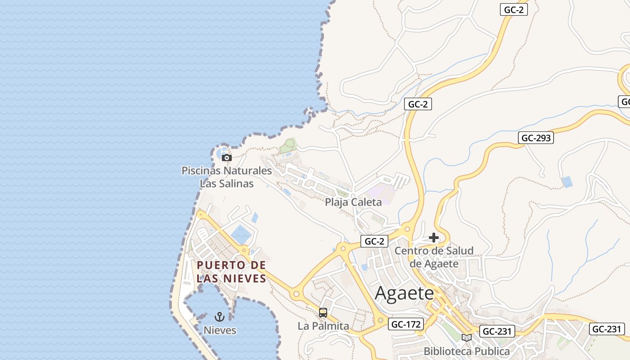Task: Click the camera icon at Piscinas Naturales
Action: pos(227,157)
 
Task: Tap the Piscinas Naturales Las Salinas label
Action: pos(227,177)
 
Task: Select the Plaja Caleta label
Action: pos(353,202)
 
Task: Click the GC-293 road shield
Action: pos(536,138)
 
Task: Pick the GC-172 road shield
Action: pos(406,324)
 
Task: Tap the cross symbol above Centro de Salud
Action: pos(434,237)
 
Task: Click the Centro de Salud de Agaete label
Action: pos(434,257)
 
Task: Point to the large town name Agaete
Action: pos(404,293)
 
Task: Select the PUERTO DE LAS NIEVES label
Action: pos(231,271)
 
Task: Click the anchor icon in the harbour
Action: pos(220,317)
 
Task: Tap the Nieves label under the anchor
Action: pos(220,330)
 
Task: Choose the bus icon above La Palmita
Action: pos(323,313)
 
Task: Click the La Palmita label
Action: pos(323,326)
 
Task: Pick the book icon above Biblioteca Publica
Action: pos(467,337)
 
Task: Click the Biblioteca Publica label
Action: pos(467,351)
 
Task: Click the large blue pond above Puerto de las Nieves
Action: pos(242,234)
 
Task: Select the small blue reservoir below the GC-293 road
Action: pos(567,182)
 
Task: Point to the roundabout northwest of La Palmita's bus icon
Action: pos(296,294)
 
